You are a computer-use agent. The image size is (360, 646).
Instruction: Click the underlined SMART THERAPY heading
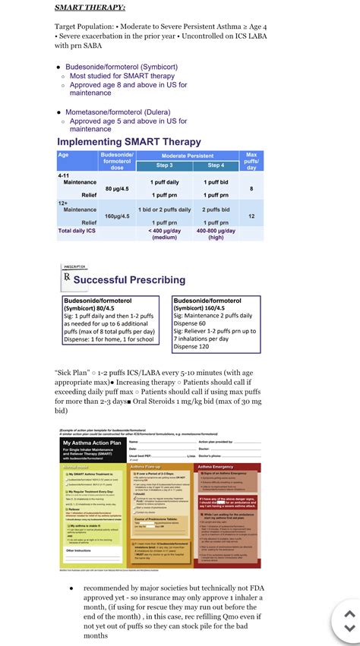click(90, 8)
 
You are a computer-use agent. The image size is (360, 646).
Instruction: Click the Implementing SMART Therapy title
click(129, 142)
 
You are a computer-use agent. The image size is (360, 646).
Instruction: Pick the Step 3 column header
click(164, 165)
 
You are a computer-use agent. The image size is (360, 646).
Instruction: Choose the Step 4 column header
click(216, 165)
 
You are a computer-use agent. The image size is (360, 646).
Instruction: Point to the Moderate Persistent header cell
click(190, 156)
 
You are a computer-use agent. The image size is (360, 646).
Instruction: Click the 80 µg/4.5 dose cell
click(118, 188)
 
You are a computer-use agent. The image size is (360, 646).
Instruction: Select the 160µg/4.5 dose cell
click(118, 216)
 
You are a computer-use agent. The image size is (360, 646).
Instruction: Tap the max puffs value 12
click(251, 216)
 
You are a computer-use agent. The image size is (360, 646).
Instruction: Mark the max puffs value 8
click(251, 188)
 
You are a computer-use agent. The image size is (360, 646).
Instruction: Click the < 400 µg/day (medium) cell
click(164, 234)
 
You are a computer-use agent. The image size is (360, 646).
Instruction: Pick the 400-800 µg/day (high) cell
click(216, 234)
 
